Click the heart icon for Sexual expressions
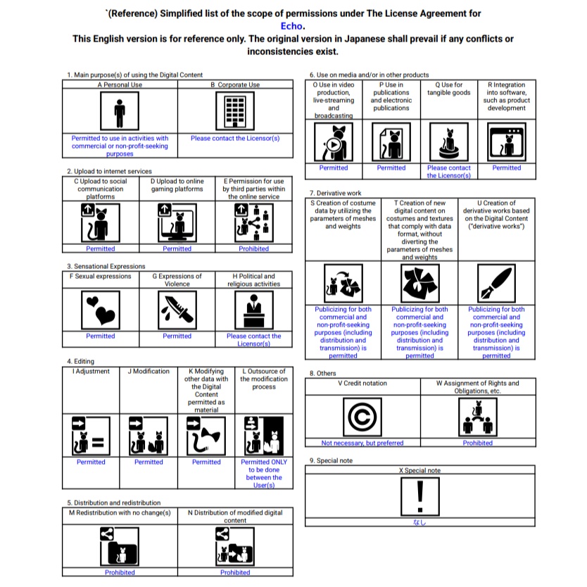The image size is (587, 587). coord(100,309)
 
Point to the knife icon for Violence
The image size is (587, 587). coord(177,309)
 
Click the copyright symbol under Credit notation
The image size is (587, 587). coord(362,418)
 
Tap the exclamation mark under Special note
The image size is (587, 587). coord(420,496)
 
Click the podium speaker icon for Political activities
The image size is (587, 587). coord(253,309)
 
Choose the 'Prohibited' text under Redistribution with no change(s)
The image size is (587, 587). coord(120,572)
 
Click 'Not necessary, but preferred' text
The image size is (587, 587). coord(362,443)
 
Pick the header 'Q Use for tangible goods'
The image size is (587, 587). coord(448,89)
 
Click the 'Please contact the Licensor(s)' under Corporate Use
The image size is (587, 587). coord(235,138)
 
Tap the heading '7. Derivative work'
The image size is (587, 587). coord(335,193)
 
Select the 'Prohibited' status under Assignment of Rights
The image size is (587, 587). coord(478,443)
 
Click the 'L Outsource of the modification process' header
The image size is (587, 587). coord(264,379)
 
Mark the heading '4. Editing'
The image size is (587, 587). coord(80,362)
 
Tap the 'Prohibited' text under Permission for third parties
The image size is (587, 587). coord(253,248)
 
